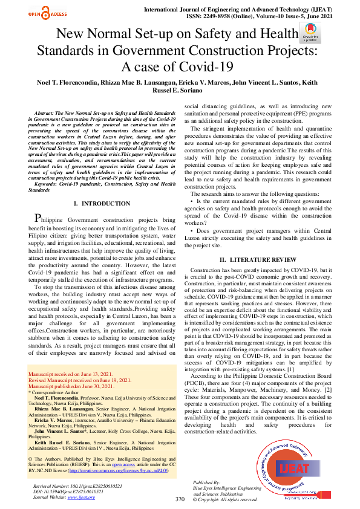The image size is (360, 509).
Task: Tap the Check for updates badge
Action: (x=307, y=37)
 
